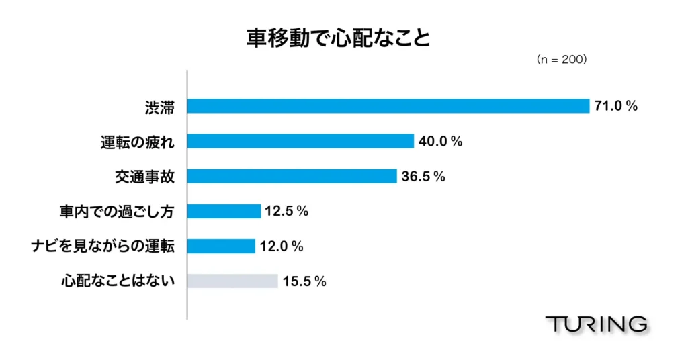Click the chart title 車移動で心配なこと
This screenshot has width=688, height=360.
[x=338, y=38]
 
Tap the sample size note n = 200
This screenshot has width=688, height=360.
[x=562, y=60]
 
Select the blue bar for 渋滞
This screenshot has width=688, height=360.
[x=388, y=106]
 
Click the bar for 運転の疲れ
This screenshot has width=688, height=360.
[x=300, y=141]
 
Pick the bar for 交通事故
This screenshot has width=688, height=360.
[x=292, y=176]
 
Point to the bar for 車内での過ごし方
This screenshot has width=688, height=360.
[x=224, y=211]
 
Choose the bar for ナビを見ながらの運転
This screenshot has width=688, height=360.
[x=222, y=246]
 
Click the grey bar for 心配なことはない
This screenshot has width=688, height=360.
[x=232, y=281]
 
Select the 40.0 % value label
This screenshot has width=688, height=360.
[x=441, y=141]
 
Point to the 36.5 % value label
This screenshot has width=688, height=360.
[x=423, y=177]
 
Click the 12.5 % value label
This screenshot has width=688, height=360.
[x=286, y=212]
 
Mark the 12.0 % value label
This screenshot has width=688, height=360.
[x=281, y=246]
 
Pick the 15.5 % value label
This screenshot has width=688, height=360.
[x=304, y=281]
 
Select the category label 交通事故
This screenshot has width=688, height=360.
[x=144, y=177]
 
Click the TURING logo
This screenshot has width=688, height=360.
[x=597, y=324]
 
